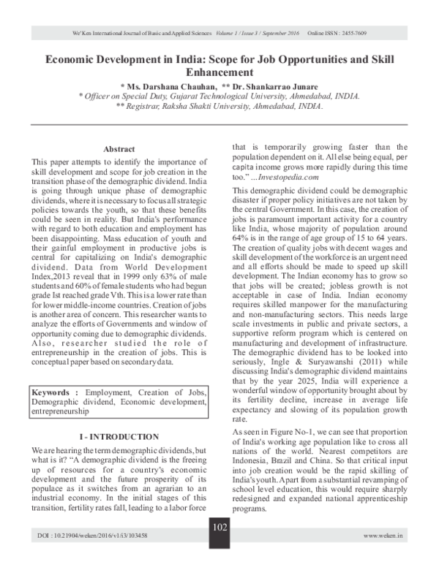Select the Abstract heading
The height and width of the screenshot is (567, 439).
tap(119, 148)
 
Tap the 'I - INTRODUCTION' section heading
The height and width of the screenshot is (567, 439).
tap(119, 436)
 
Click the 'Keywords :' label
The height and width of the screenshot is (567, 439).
tap(54, 392)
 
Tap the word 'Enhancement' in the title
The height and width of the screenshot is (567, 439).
tap(219, 72)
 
